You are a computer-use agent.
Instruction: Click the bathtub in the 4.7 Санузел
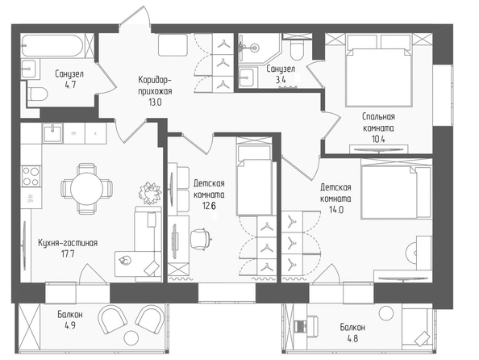pyautogui.click(x=52, y=45)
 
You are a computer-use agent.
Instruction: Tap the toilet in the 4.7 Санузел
pyautogui.click(x=37, y=94)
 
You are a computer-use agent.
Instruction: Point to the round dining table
pyautogui.click(x=87, y=188)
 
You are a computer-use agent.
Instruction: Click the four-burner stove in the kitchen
pyautogui.click(x=31, y=176)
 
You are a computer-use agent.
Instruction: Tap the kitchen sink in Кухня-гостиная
pyautogui.click(x=53, y=133)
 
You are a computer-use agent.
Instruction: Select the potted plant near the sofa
pyautogui.click(x=150, y=193)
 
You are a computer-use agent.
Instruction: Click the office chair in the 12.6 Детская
pyautogui.click(x=201, y=239)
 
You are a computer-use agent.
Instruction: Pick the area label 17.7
pyautogui.click(x=68, y=254)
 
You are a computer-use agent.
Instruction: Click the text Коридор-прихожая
pyautogui.click(x=155, y=86)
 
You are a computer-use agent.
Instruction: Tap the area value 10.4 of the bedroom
pyautogui.click(x=378, y=139)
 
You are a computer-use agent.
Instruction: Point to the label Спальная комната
pyautogui.click(x=378, y=122)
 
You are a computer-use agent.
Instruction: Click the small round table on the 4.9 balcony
pyautogui.click(x=131, y=338)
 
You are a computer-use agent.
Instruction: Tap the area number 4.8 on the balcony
pyautogui.click(x=352, y=339)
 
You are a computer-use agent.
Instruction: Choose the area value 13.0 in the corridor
pyautogui.click(x=155, y=103)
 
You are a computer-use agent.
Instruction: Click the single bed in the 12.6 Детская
pyautogui.click(x=254, y=177)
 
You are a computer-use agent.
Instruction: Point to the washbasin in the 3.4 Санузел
pyautogui.click(x=246, y=77)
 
